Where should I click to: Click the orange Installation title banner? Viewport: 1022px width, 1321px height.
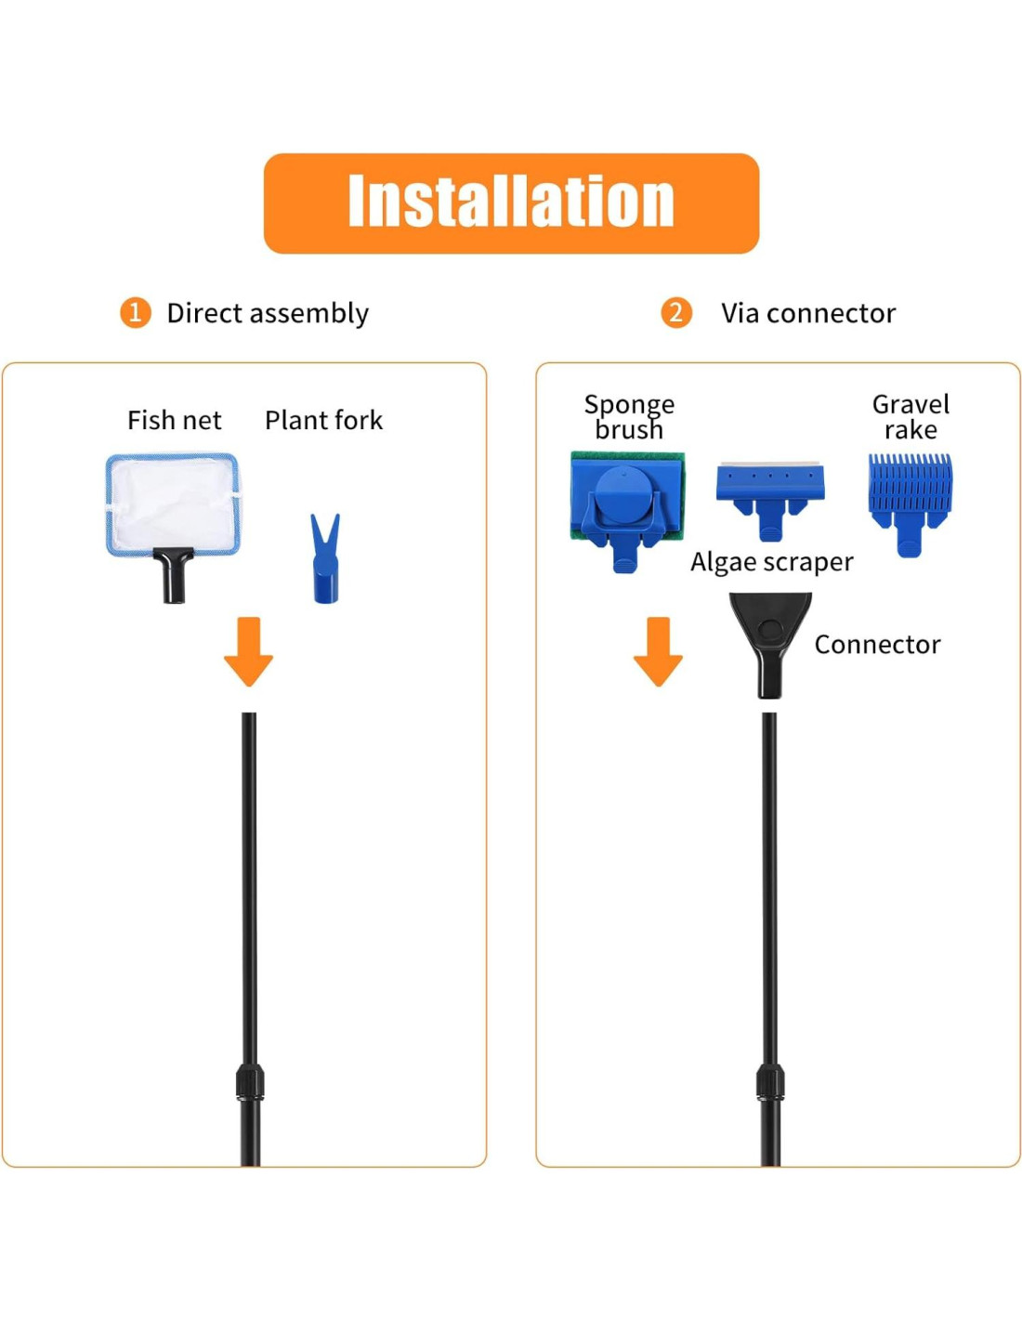click(511, 203)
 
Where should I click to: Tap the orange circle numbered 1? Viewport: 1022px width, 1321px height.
click(135, 313)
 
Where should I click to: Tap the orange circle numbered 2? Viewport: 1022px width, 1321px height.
click(675, 313)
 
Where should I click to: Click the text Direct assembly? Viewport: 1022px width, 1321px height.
click(268, 313)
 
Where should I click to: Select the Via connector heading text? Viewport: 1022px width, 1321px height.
click(808, 313)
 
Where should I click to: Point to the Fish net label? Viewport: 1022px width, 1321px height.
click(174, 420)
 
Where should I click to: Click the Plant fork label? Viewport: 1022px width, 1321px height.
click(323, 420)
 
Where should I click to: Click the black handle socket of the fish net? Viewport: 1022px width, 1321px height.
click(173, 576)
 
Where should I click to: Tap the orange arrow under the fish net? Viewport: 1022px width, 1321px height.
click(248, 650)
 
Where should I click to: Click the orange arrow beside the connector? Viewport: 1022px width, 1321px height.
click(658, 650)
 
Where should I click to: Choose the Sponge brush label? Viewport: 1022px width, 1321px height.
click(629, 416)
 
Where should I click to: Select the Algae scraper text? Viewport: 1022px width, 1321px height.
click(771, 562)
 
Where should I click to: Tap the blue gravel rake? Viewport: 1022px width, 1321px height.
click(910, 497)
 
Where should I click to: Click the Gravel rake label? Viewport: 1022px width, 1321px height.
click(911, 416)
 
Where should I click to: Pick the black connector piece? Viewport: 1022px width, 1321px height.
click(769, 641)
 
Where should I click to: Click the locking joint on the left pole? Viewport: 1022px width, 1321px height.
click(249, 1082)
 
